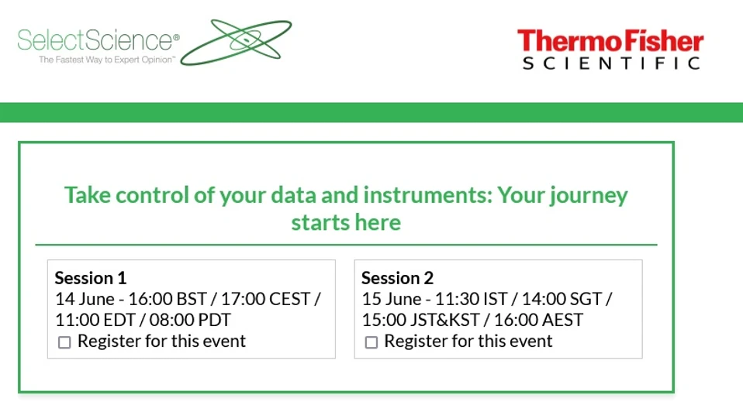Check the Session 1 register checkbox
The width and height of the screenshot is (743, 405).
64,342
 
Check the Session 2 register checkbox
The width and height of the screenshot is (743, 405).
371,342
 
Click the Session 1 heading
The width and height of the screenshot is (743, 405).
91,278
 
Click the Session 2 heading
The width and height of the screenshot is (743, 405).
397,278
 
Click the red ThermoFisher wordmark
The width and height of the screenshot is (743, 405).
610,40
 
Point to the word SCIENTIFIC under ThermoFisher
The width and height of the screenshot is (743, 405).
611,63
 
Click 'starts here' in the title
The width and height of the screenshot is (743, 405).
346,223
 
